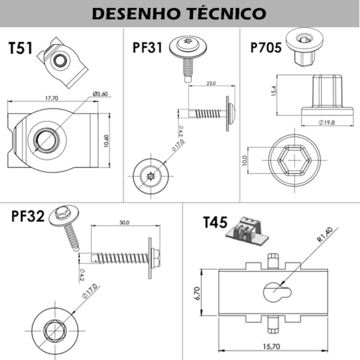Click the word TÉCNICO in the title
(x=228, y=14)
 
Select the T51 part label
(x=20, y=48)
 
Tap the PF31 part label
(x=147, y=48)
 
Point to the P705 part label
(x=266, y=48)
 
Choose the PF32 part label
(x=28, y=216)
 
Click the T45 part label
(x=215, y=222)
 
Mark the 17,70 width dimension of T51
(x=52, y=98)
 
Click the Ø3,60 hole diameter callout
(x=100, y=94)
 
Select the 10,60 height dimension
(x=106, y=141)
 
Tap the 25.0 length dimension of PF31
(x=211, y=83)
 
